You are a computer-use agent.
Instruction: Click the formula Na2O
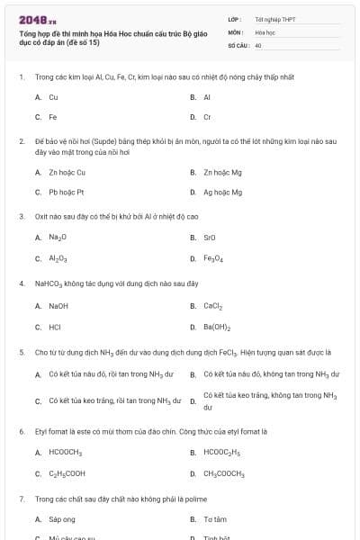[x=58, y=238]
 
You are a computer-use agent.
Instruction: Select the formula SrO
[x=210, y=238]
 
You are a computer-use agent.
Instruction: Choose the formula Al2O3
[x=58, y=258]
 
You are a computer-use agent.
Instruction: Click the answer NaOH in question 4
[x=58, y=306]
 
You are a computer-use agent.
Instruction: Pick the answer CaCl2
[x=212, y=306]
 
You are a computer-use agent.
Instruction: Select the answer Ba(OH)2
[x=217, y=327]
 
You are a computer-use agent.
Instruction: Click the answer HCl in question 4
[x=55, y=327]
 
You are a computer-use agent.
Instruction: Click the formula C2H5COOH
[x=67, y=473]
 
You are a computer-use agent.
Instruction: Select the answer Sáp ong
[x=62, y=519]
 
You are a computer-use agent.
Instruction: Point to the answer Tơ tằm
[x=214, y=519]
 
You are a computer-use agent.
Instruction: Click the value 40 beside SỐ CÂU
[x=258, y=45]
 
